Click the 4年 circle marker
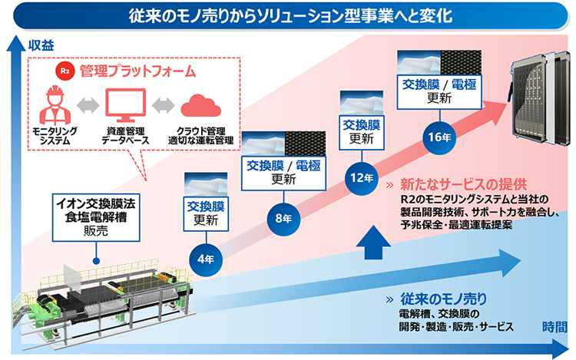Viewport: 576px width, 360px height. click(x=205, y=259)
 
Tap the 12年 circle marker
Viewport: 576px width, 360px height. click(x=360, y=177)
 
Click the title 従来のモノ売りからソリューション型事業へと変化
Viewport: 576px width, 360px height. click(x=289, y=15)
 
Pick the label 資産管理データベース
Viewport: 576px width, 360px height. click(x=125, y=136)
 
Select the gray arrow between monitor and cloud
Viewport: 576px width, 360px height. click(x=160, y=104)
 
